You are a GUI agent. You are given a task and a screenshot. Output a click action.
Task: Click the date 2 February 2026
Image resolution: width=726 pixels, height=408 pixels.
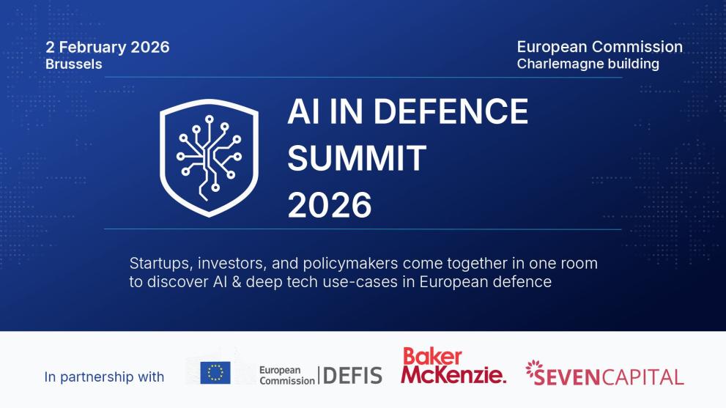pos(107,48)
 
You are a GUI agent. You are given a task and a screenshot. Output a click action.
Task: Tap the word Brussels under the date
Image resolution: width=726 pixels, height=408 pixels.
pos(73,64)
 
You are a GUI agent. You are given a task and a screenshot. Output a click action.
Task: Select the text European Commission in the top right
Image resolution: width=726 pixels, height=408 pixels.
pos(599,47)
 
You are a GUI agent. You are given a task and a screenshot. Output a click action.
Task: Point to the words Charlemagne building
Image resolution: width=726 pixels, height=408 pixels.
pos(588,64)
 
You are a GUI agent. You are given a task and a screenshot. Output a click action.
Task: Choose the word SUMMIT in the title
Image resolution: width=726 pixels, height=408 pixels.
pos(356,157)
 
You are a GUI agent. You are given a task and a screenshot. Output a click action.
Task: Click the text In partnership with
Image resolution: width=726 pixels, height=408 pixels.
pos(104,377)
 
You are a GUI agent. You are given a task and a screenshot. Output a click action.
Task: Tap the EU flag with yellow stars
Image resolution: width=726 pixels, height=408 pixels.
pos(215,373)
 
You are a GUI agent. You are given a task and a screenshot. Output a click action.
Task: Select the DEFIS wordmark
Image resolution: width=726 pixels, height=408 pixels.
pos(352,376)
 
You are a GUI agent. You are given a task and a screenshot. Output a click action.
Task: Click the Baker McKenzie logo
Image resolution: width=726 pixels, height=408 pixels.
pos(453,366)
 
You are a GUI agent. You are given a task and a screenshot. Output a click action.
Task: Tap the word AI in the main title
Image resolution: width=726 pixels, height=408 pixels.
pos(300,111)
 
